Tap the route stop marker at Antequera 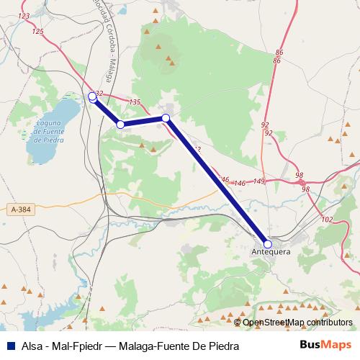pos(268,244)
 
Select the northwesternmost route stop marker pos(92,96)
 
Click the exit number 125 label pos(38,31)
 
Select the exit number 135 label pos(134,102)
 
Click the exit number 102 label pos(328,219)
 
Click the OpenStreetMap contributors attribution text pos(297,323)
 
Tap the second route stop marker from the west pos(121,125)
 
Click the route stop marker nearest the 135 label pos(166,117)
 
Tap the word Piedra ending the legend pos(223,346)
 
